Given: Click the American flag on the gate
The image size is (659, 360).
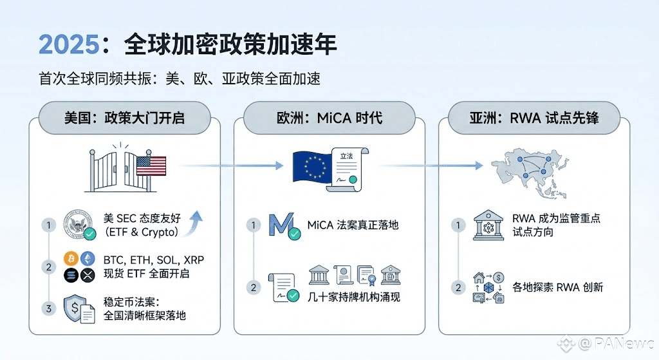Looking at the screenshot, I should point(151,166).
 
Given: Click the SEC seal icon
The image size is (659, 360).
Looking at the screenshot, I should point(79,223).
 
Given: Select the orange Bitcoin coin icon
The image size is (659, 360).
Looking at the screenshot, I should point(71,260).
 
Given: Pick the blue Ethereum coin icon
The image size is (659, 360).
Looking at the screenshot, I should point(88,260).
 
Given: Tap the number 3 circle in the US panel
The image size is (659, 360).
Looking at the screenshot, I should point(48,308).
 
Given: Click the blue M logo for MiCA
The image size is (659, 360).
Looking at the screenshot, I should point(283,225).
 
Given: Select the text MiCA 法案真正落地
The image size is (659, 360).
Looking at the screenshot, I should point(353,225).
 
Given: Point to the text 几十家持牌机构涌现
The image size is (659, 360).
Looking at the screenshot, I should point(355,297).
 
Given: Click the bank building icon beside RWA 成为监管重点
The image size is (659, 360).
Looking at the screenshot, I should point(488,225).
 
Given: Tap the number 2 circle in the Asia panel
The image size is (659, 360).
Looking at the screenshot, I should point(458,287).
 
